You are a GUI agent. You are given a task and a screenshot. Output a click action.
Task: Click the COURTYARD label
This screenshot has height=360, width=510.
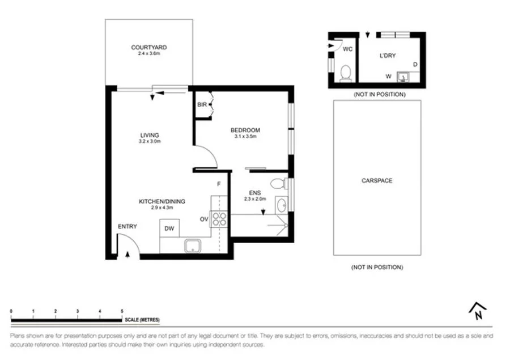point(148,48)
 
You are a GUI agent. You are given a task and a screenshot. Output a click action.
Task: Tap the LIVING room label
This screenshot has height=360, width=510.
point(150,135)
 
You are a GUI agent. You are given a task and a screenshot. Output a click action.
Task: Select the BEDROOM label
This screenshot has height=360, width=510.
point(245,130)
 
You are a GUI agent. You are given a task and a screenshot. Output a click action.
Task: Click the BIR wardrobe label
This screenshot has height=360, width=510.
point(202,105)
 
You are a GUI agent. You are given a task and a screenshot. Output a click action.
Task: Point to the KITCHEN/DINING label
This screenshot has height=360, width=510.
point(162,201)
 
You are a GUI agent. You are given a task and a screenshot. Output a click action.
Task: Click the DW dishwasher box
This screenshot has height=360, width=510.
point(169,228)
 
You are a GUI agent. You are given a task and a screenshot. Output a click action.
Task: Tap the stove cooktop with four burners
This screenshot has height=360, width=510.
point(219,219)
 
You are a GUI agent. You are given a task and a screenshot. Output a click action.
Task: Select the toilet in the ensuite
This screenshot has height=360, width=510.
point(277,183)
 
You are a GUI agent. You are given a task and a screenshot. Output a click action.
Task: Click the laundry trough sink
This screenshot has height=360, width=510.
point(404,75)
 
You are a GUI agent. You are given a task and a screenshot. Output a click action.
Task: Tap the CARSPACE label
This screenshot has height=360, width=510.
point(377,181)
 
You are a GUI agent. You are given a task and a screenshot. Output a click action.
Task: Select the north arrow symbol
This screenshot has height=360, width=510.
point(478,310)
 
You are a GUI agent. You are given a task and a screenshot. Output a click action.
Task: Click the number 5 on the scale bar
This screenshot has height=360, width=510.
point(122,311)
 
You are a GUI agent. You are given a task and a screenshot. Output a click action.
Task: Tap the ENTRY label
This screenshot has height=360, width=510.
point(127,227)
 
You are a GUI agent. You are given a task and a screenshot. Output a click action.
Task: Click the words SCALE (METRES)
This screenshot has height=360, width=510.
point(143,320)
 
